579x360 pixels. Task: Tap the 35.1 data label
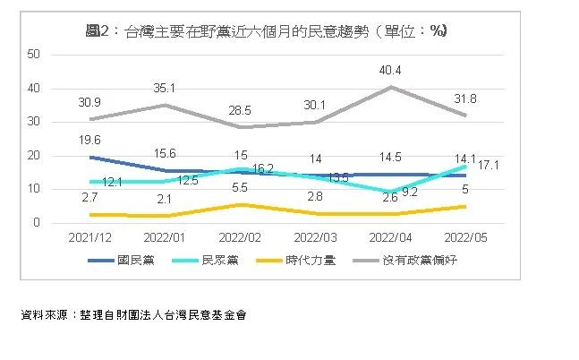164,89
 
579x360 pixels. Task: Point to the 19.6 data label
89,140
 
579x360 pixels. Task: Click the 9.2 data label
410,191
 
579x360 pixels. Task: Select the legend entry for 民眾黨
211,261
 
